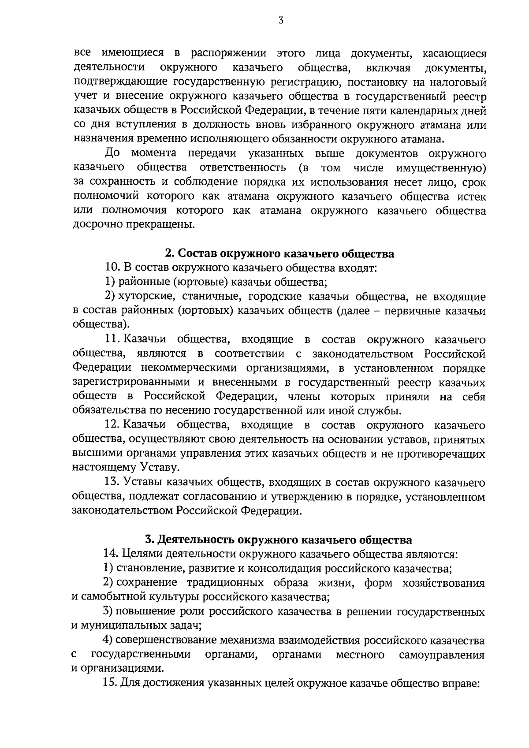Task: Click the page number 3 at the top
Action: point(280,20)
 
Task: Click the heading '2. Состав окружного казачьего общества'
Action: point(279,254)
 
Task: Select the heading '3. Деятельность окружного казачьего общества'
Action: point(279,540)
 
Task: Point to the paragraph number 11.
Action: point(112,339)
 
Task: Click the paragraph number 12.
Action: point(112,425)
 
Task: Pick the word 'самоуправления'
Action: point(441,654)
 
